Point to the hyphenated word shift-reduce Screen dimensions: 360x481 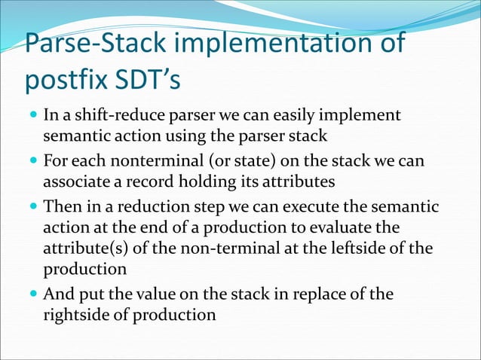tap(109, 117)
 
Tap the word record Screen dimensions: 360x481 tap(141, 182)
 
